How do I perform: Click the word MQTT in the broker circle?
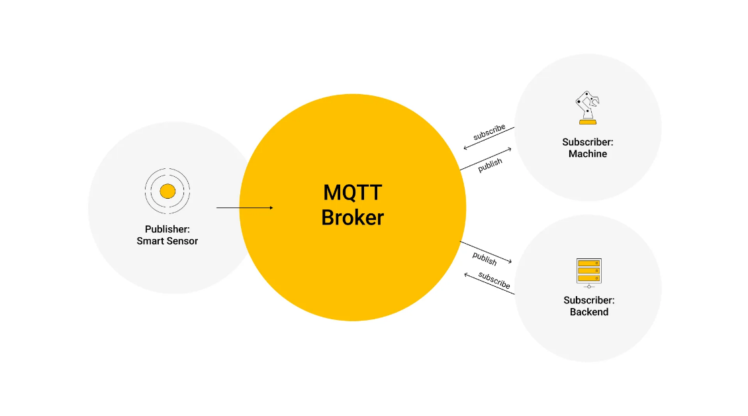point(352,193)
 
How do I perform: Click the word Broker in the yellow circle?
point(352,217)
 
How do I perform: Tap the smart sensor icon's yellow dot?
point(167,191)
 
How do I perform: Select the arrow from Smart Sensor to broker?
point(244,208)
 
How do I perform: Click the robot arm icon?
point(587,107)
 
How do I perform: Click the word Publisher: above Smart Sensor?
point(167,229)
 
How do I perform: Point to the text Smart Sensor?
point(167,241)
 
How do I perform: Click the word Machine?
point(588,154)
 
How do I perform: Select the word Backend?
point(589,312)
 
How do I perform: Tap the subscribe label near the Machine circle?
point(489,132)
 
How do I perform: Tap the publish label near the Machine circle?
point(490,164)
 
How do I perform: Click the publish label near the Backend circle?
point(485,258)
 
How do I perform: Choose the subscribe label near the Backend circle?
point(494,281)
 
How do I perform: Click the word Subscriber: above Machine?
point(588,142)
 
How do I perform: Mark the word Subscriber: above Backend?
point(589,300)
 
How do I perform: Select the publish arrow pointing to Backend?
point(486,252)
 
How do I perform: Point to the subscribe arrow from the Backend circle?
point(489,283)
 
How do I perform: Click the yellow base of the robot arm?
point(587,122)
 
